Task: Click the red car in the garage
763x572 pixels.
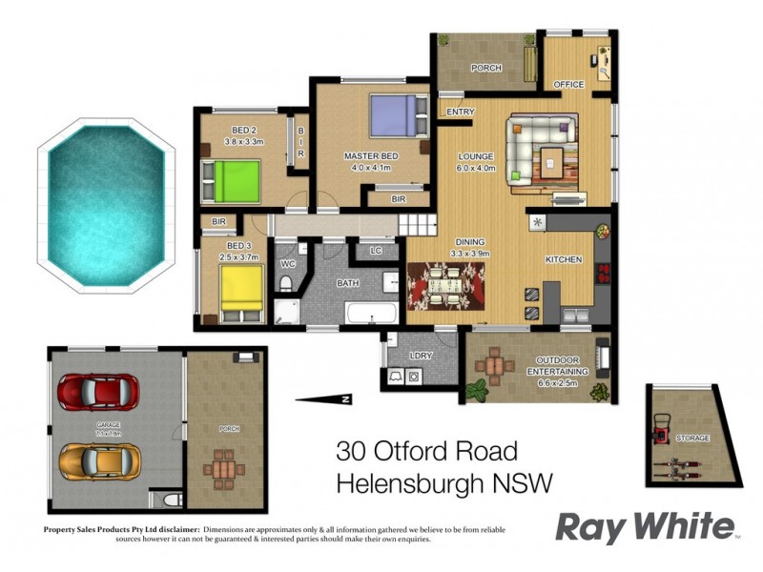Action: (97, 390)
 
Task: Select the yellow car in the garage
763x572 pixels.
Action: (99, 461)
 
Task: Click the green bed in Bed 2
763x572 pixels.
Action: (231, 179)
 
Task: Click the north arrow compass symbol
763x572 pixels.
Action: (325, 398)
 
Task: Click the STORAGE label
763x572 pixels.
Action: (692, 438)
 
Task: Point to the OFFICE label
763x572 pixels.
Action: (568, 85)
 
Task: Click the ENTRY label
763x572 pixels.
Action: (460, 112)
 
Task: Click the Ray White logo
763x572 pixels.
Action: (646, 526)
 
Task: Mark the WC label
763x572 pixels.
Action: (289, 263)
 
